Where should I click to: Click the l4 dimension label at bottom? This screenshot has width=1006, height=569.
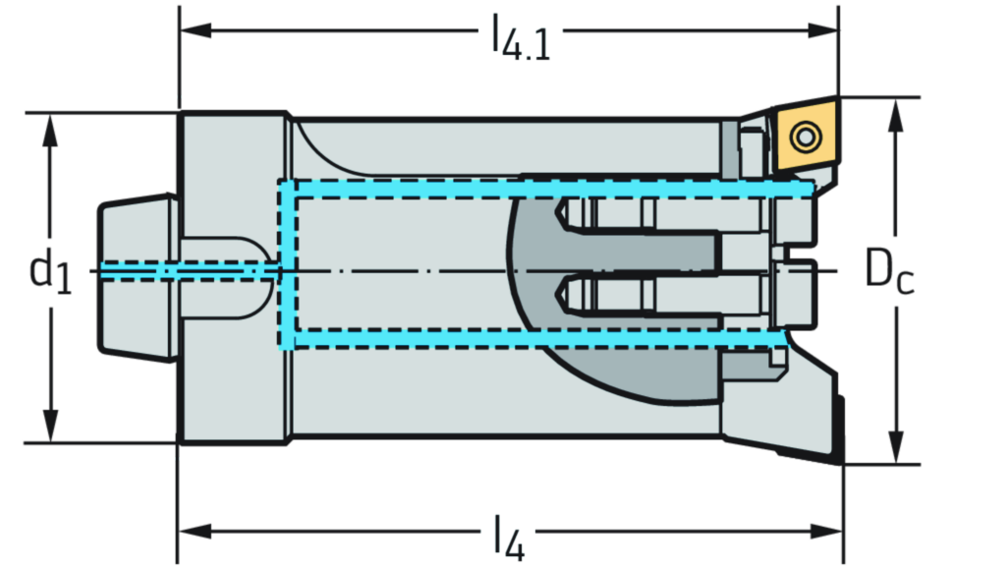508,535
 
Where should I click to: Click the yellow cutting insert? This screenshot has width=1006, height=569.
806,137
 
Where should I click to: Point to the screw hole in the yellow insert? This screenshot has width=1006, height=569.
806,136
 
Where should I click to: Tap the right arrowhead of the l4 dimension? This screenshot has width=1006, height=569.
825,531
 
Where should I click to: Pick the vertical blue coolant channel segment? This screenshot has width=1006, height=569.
287,265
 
